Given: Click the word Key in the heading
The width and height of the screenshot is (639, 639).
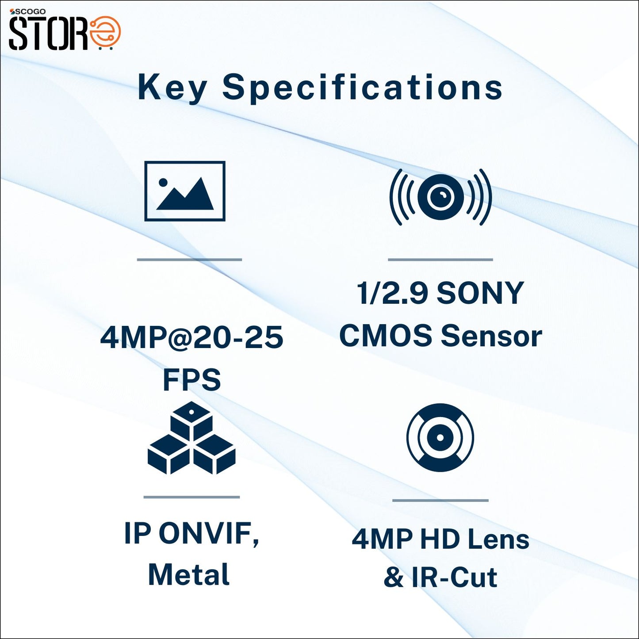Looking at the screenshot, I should (172, 88).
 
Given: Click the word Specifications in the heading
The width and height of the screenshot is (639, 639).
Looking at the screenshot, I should (362, 88).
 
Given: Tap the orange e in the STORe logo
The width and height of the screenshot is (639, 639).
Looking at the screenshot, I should (106, 32).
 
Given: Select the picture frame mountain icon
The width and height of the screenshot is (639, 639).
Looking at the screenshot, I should (185, 191).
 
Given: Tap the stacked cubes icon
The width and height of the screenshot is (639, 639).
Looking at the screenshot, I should (191, 439).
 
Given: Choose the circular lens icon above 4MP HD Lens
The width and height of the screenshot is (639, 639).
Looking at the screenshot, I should (440, 437).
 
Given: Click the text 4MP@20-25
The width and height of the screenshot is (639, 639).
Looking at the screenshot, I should (191, 337).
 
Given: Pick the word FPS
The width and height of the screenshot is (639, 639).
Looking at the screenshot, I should (191, 379).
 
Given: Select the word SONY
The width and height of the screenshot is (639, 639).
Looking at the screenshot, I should (480, 293).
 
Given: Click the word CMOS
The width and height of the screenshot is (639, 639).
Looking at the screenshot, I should (386, 335).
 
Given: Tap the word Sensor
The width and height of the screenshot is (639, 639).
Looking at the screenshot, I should (491, 336).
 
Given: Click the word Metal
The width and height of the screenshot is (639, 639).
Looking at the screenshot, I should (189, 575).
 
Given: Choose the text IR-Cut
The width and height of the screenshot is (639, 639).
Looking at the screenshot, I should (454, 578).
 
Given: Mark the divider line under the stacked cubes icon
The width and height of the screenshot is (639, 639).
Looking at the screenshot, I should (191, 497).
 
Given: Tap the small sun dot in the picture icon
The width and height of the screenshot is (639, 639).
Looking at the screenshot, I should (163, 182).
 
